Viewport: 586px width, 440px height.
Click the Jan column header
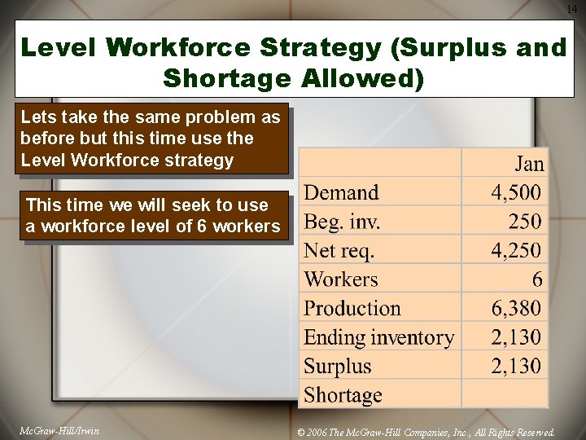click(529, 164)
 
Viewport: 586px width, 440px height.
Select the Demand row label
click(341, 193)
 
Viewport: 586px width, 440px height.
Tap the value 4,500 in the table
click(516, 193)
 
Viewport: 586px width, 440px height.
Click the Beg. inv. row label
click(342, 222)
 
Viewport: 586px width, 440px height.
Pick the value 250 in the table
click(525, 222)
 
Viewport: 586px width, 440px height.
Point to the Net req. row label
click(339, 250)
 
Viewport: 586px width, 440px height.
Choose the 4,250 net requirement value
click(516, 250)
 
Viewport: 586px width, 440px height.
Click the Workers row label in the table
click(341, 279)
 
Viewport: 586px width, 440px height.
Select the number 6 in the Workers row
click(537, 279)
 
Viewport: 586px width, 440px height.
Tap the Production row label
click(352, 309)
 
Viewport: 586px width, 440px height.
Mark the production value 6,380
click(516, 309)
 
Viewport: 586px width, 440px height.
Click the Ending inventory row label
click(378, 337)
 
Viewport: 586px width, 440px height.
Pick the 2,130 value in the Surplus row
click(516, 366)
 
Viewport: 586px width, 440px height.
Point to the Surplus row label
click(337, 366)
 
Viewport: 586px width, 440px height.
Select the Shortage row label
click(343, 395)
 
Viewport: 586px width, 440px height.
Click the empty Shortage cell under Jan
click(505, 395)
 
